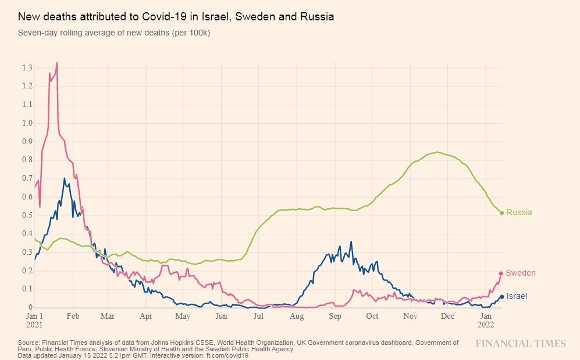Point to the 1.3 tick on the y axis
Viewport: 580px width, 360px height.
tap(27, 68)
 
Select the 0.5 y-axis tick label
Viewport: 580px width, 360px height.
tap(27, 216)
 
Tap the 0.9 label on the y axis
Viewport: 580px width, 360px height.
tap(27, 142)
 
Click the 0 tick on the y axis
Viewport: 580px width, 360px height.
tap(30, 308)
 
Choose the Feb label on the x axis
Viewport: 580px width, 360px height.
tap(73, 316)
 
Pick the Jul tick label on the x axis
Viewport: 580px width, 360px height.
tap(258, 316)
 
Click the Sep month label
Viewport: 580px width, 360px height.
tap(335, 316)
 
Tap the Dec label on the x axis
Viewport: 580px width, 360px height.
tap(447, 316)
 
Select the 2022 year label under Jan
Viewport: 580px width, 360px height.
tap(487, 325)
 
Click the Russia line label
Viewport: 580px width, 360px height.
tap(519, 213)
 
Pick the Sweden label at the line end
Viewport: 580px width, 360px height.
tap(521, 273)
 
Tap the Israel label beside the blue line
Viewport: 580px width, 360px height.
tap(517, 297)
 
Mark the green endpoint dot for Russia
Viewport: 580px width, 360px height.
tap(502, 213)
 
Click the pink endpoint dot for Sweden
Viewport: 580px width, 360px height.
tap(501, 273)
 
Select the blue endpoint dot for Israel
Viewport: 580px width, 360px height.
tap(502, 297)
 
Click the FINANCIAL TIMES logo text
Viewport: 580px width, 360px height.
tap(520, 344)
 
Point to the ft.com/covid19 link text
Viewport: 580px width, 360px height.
tap(228, 355)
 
